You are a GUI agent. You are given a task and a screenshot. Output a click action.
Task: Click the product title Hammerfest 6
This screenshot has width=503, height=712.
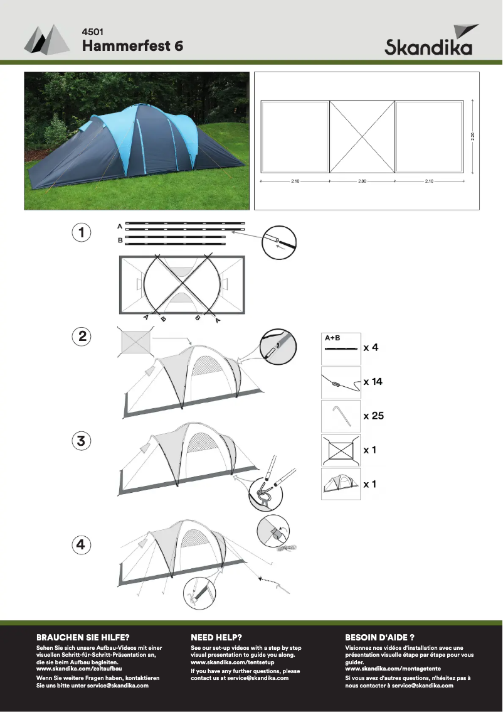point(132,46)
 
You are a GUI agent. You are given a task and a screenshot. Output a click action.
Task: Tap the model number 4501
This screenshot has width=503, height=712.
point(92,31)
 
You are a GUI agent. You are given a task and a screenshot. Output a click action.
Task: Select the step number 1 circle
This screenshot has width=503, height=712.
point(81,232)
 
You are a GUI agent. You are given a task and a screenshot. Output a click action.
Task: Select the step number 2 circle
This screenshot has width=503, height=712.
point(81,337)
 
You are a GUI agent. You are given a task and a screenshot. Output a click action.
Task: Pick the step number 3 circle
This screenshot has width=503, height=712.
point(81,441)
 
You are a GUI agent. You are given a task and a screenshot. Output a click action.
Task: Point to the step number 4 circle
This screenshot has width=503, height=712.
point(81,544)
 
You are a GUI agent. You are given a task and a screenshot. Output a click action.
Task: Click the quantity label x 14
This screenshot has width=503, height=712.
point(373,382)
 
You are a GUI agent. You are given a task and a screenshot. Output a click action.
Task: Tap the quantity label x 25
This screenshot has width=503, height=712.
point(373,416)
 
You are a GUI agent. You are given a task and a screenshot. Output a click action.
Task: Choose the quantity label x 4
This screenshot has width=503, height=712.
point(371,347)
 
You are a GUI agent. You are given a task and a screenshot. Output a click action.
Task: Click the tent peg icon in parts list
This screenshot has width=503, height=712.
point(341,416)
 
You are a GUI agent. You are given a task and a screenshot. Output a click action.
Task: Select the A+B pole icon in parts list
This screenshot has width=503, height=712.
point(341,348)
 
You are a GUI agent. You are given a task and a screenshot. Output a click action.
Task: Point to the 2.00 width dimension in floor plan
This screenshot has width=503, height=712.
point(362,181)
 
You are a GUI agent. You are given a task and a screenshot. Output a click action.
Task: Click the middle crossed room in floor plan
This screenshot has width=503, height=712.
point(362,136)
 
